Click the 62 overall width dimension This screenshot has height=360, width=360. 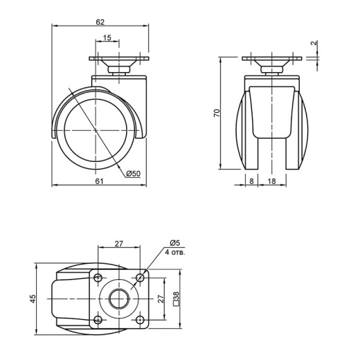tap(100, 22)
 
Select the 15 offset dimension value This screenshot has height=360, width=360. tap(107, 37)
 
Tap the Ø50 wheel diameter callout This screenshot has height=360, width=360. tap(134, 173)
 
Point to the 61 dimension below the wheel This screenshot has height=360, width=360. tap(99, 181)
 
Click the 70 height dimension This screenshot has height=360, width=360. tap(217, 113)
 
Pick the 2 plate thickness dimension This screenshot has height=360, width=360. tap(314, 43)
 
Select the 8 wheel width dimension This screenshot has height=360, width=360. tap(251, 181)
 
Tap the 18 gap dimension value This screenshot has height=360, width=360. tap(272, 181)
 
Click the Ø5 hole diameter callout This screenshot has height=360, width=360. tap(174, 243)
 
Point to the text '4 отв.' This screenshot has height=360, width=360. tap(175, 252)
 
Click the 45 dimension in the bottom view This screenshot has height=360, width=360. tap(33, 298)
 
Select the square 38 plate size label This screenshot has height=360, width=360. tap(176, 299)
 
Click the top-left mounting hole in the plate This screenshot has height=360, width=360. tap(98, 277)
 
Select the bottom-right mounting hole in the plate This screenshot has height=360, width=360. tap(139, 320)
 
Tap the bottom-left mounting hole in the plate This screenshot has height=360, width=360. tap(98, 320)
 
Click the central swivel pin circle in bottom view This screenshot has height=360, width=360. tap(119, 298)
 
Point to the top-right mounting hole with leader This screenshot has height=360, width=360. tap(139, 277)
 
